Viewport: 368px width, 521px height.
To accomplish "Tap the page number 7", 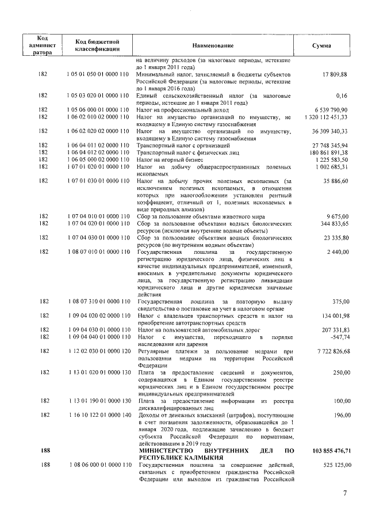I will click(345, 493).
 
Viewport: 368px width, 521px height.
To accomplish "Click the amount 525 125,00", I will click(332, 464).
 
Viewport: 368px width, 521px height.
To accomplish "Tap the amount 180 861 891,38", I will click(327, 152).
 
